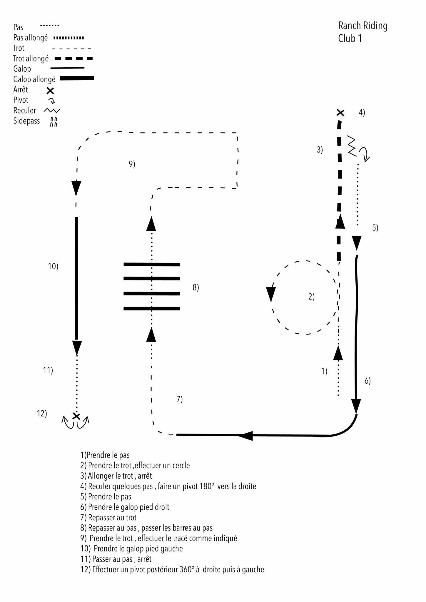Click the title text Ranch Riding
click(x=362, y=26)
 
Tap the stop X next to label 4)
click(x=340, y=113)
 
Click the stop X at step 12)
click(x=76, y=416)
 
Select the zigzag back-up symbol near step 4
click(x=352, y=146)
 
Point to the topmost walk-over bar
click(x=152, y=265)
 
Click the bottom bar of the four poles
click(x=152, y=309)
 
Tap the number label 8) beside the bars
click(x=196, y=287)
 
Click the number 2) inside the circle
click(x=311, y=297)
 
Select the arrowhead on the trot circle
click(x=270, y=294)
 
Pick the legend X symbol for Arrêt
click(x=50, y=91)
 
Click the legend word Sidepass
click(x=26, y=121)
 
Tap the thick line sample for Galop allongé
click(x=77, y=78)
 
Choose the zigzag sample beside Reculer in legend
click(x=52, y=111)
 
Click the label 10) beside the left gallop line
click(x=53, y=266)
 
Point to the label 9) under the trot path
click(x=132, y=164)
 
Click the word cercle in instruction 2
click(x=181, y=466)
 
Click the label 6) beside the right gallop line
click(x=367, y=381)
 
